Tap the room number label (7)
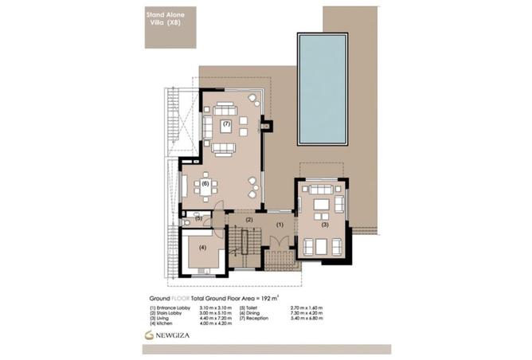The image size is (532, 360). pos(226,124)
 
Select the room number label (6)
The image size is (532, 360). pos(205,183)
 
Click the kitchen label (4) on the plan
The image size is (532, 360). pos(202,248)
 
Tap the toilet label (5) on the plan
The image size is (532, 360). pos(198,217)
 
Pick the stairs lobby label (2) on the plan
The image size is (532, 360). pos(249,219)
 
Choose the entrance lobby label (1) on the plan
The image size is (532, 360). pos(280,225)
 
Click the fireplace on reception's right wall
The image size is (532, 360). pos(266,126)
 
